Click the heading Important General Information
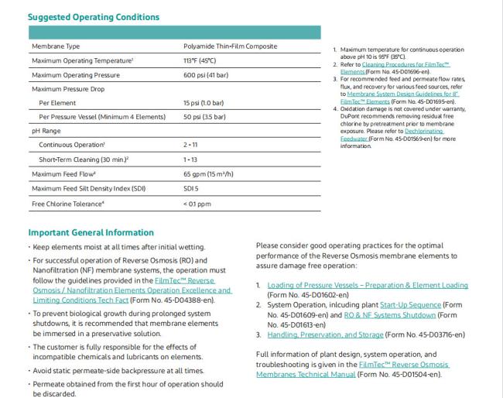tap(91, 232)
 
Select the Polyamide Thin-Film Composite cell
tap(230, 46)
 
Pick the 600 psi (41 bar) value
tap(206, 75)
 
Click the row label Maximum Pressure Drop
tap(68, 89)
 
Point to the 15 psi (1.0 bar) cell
tap(204, 103)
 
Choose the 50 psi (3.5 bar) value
tap(204, 117)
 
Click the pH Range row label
tap(46, 131)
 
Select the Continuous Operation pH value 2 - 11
tap(190, 145)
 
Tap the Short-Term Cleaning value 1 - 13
tap(190, 160)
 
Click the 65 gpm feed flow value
tap(208, 173)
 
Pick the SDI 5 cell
tap(191, 188)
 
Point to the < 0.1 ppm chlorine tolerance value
tap(197, 204)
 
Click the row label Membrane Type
tap(56, 46)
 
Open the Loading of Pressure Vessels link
tap(368, 286)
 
